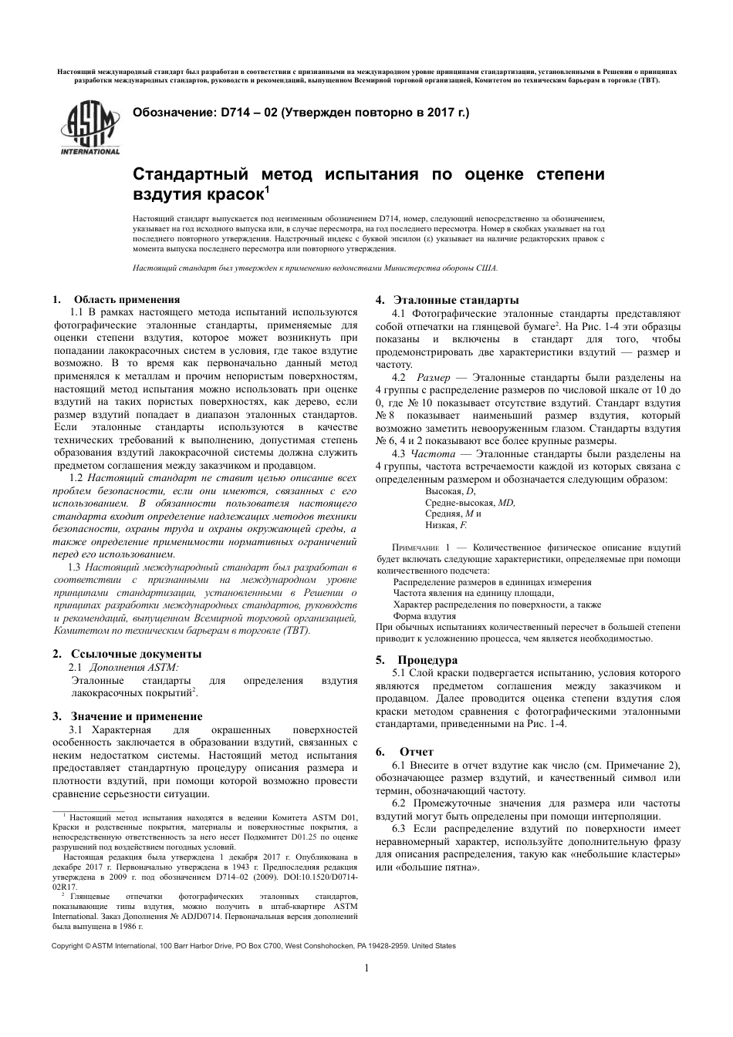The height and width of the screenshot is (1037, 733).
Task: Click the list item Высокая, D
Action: pos(450,491)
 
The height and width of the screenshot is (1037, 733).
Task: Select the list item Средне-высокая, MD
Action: pos(469,502)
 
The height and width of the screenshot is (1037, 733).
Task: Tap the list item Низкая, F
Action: pos(446,525)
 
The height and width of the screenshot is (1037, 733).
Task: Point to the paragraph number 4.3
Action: pos(399,453)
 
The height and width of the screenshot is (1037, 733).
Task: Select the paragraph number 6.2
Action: pos(399,803)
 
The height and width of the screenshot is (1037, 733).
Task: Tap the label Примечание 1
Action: pos(420,547)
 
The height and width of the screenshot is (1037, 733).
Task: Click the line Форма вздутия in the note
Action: pos(424,616)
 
